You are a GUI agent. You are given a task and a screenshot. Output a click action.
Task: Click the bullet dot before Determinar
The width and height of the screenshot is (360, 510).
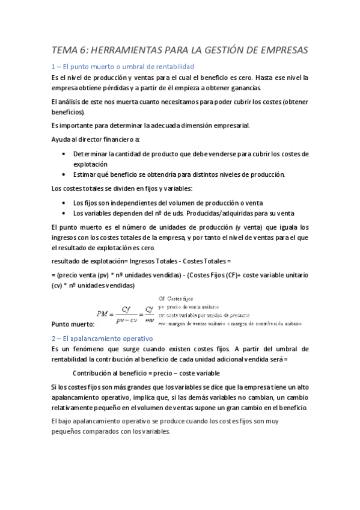coord(64,154)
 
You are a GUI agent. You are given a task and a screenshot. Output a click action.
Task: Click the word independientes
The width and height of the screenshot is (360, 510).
coord(141,203)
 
